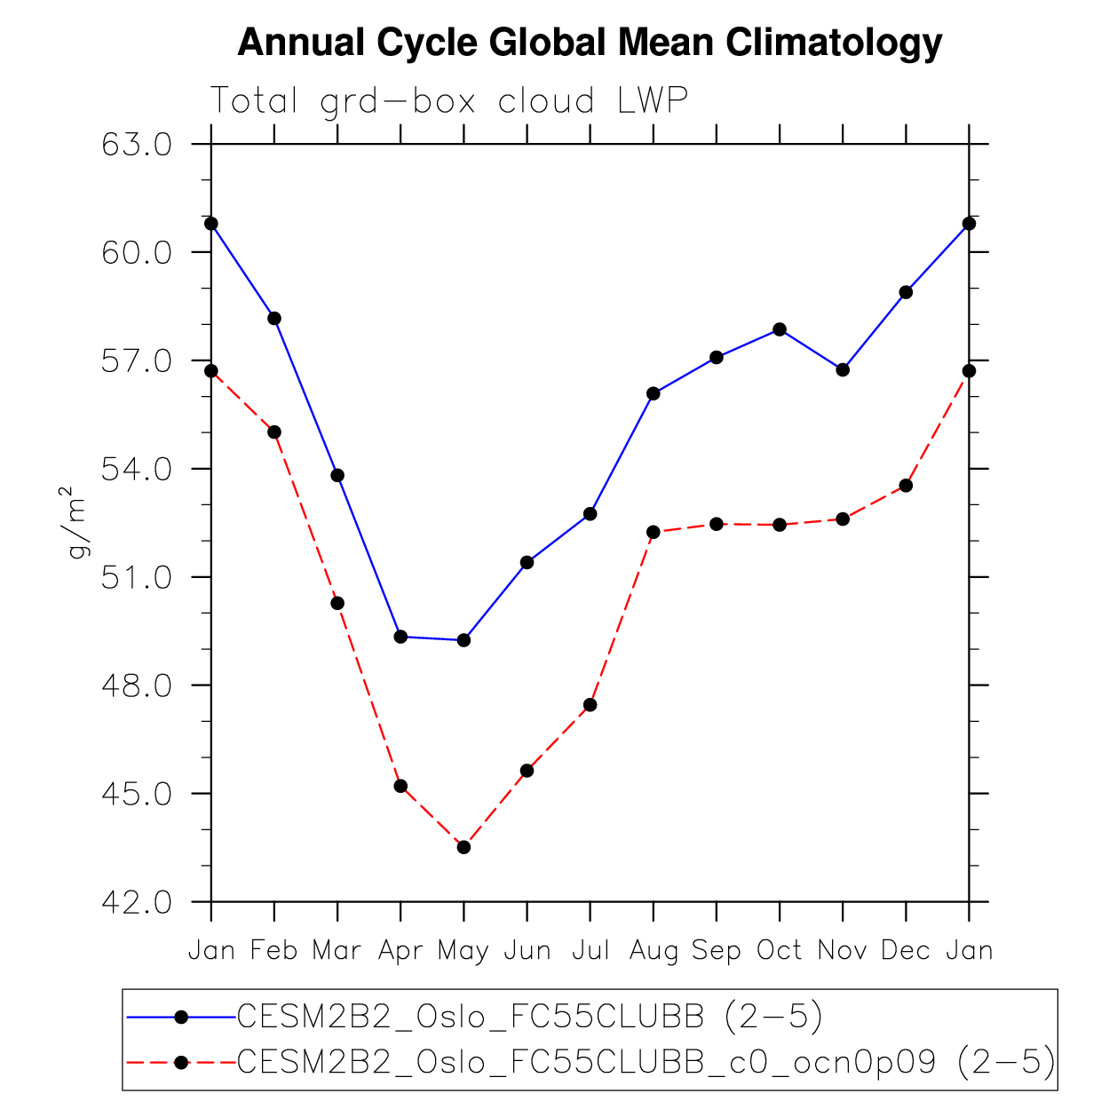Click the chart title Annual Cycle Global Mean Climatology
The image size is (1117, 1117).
[590, 43]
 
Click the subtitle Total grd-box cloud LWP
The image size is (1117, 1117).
[448, 101]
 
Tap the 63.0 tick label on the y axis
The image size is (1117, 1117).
[137, 144]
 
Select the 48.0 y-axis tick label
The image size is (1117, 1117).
[137, 685]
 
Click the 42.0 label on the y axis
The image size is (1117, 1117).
[137, 902]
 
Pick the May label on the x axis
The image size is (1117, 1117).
[463, 951]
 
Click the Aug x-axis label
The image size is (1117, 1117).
[654, 951]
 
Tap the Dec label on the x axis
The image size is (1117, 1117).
[906, 951]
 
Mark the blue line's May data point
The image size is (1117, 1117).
[463, 640]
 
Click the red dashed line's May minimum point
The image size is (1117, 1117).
[463, 847]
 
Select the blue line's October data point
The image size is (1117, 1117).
[780, 329]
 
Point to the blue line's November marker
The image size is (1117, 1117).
[843, 369]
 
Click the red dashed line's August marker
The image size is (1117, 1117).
[654, 532]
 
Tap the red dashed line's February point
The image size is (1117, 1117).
[274, 432]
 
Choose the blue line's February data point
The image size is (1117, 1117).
[274, 318]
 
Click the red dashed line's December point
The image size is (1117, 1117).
[906, 485]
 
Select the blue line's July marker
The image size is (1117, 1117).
[590, 514]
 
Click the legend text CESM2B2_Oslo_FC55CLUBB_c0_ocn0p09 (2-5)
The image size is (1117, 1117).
[646, 1061]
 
